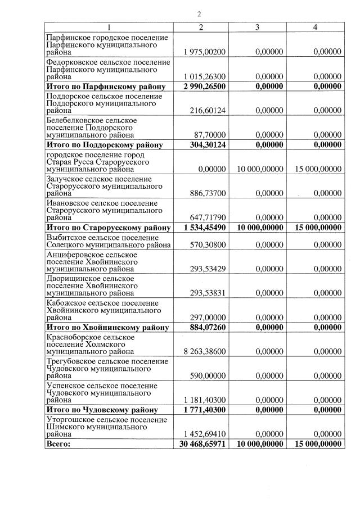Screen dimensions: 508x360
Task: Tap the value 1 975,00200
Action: [x=205, y=52]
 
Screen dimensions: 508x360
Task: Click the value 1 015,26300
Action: [x=205, y=76]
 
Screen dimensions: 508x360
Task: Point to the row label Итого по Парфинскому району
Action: [x=106, y=87]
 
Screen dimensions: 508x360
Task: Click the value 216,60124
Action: [x=209, y=111]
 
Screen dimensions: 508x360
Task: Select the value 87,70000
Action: [x=211, y=135]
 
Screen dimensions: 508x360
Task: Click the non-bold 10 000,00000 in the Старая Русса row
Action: [x=256, y=169]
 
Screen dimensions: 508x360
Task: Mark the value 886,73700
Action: [x=209, y=193]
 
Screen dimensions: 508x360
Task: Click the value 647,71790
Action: [x=209, y=217]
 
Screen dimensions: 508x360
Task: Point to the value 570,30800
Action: [x=209, y=245]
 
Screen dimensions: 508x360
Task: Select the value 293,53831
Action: [x=209, y=293]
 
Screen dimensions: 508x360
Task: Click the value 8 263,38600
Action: [x=205, y=352]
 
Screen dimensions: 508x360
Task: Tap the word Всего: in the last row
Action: [x=59, y=444]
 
